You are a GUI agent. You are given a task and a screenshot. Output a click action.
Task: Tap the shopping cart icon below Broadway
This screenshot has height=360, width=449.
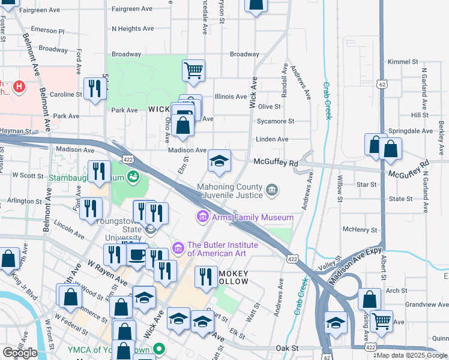click(193, 71)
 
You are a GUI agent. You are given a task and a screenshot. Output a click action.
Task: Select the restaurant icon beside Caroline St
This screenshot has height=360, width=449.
click(95, 89)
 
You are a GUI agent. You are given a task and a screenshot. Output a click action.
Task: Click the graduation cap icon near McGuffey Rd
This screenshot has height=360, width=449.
click(219, 161)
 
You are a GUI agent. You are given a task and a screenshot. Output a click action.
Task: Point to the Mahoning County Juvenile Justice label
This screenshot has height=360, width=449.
click(231, 191)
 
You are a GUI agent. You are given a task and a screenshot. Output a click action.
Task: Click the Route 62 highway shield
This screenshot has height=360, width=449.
click(382, 86)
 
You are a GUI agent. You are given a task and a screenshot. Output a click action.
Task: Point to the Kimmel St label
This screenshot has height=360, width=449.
click(403, 62)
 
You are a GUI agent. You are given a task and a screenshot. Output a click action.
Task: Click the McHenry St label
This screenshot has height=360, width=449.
click(360, 230)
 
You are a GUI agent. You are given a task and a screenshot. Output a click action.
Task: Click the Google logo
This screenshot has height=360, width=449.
click(20, 353)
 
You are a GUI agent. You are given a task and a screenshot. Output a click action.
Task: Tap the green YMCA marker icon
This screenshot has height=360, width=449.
click(159, 348)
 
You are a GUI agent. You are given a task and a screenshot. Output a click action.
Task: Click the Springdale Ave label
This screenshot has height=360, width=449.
click(411, 131)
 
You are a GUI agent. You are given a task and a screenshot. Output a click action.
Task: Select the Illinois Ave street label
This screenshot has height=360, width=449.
click(231, 97)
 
